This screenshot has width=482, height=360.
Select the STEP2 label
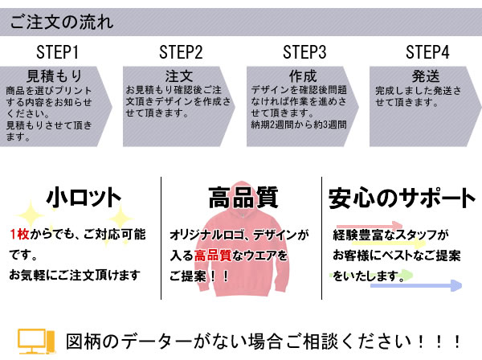[x=181, y=53]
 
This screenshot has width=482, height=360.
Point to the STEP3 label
[x=304, y=53]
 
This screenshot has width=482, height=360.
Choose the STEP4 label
[x=427, y=53]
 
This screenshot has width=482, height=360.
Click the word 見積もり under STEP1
[x=55, y=76]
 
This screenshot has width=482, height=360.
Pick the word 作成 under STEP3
[x=301, y=76]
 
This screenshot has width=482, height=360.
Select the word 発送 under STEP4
[x=425, y=76]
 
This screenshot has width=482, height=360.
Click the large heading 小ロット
[x=84, y=198]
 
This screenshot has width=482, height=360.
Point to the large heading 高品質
[x=243, y=198]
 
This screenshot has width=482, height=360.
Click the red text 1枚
[x=19, y=235]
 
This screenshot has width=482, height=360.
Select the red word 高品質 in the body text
[x=213, y=256]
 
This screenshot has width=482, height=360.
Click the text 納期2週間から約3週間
[x=299, y=125]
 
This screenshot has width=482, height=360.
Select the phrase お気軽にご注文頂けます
[x=75, y=275]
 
